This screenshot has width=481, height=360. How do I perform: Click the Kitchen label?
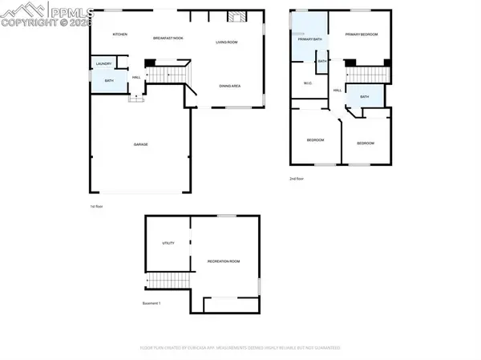[x=120, y=34]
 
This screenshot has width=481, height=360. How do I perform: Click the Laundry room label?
[x=103, y=63]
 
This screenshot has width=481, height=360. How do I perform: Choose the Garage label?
[x=141, y=144]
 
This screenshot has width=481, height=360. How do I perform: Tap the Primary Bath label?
[x=309, y=38]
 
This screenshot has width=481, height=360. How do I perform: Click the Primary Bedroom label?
[x=362, y=35]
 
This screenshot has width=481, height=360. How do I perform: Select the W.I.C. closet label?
[x=307, y=83]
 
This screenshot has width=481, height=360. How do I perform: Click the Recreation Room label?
[x=224, y=261]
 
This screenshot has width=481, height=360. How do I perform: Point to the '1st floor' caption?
[x=96, y=206]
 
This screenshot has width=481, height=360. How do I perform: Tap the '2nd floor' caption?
[x=297, y=179]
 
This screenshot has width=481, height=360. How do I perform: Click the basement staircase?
[x=169, y=281]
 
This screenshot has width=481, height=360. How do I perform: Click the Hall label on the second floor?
[x=338, y=90]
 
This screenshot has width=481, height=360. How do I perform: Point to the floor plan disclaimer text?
[x=240, y=348]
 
